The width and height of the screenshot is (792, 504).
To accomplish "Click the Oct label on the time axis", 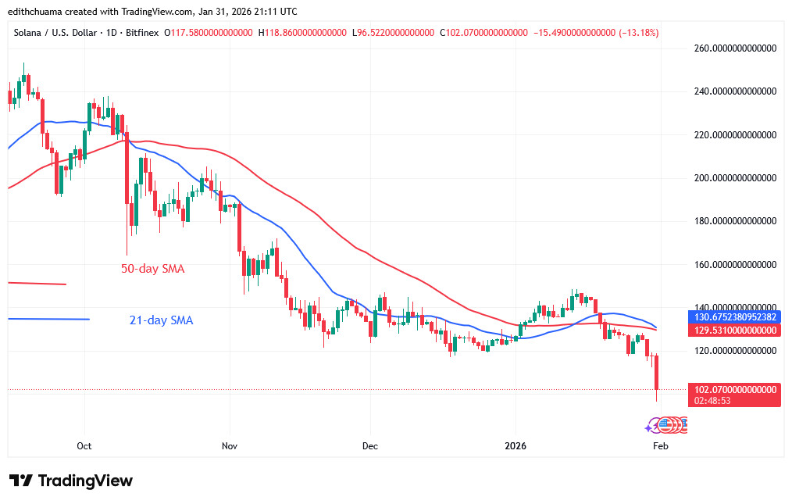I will click(84, 446).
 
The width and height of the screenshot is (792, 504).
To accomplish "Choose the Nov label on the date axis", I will click(230, 446).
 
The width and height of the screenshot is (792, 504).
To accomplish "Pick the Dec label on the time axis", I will click(370, 446).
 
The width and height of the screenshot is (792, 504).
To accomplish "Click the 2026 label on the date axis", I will click(515, 446).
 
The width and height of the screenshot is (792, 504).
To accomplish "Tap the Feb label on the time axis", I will click(660, 446).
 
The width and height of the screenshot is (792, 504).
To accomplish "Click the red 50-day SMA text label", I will click(152, 269).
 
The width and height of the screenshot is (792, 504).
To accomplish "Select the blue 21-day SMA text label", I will click(161, 320).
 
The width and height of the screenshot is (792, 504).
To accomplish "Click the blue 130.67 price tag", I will click(735, 317).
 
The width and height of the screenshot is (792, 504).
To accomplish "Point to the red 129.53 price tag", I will click(735, 331).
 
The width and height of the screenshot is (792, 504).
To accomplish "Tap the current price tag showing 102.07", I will click(735, 389).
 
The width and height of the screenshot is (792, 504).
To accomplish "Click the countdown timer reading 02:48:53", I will click(711, 400).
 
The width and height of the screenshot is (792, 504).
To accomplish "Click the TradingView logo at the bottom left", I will click(71, 481).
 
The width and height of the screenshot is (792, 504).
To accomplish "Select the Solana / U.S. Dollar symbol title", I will click(59, 33).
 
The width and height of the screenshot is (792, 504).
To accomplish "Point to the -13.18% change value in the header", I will click(638, 33).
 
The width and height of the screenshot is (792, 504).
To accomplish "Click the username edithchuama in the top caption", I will click(39, 12).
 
